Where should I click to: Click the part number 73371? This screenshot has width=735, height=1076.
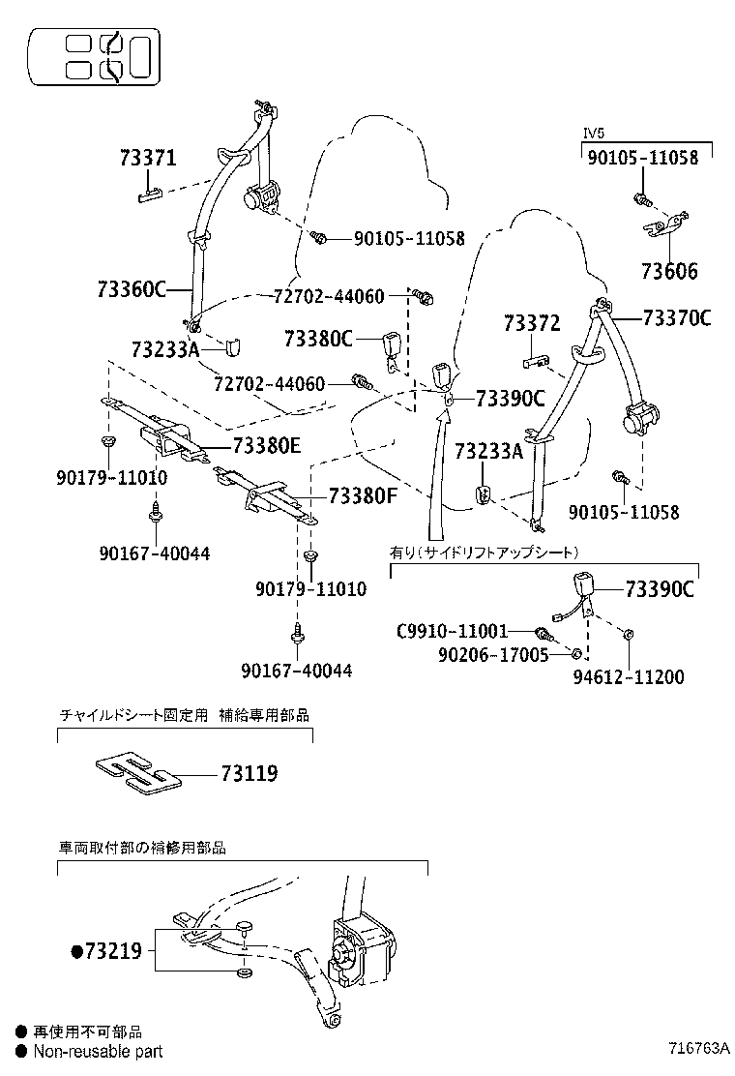(x=148, y=158)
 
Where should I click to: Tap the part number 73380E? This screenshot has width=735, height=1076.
(x=266, y=445)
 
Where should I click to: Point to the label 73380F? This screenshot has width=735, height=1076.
(x=363, y=496)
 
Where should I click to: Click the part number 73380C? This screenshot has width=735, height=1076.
(x=318, y=339)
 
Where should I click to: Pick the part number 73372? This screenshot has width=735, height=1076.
(x=531, y=324)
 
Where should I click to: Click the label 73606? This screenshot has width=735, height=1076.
(x=668, y=272)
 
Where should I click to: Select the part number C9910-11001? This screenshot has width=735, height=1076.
(x=452, y=632)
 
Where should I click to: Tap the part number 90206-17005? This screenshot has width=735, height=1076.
(x=492, y=655)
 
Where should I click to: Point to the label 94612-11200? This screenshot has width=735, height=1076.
(x=628, y=677)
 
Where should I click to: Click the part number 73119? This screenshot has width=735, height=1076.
(x=250, y=774)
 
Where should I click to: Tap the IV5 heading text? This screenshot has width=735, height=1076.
(x=593, y=133)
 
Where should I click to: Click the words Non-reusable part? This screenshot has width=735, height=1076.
(x=98, y=1051)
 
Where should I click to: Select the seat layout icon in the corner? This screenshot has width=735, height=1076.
(x=94, y=57)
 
